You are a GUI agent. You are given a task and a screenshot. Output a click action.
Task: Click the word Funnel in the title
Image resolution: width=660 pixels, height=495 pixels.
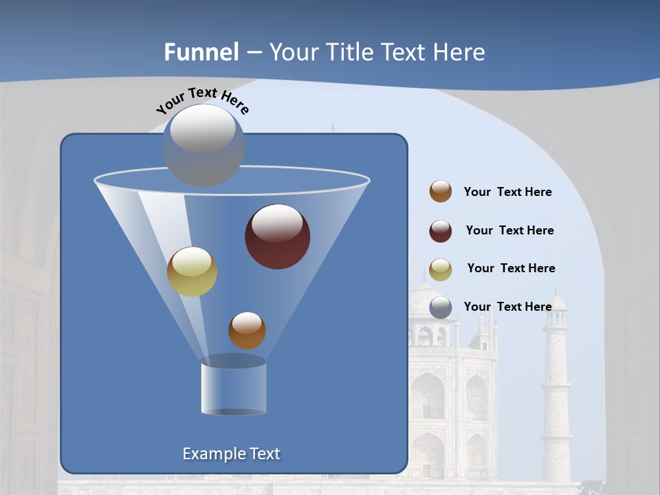201,52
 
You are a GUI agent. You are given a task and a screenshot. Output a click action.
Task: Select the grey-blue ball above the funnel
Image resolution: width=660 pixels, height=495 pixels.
203,145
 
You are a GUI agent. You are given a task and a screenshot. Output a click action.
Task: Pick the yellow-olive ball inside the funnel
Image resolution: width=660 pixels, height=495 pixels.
192,272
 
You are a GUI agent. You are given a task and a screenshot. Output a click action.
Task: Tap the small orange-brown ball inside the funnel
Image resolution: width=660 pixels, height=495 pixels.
247,331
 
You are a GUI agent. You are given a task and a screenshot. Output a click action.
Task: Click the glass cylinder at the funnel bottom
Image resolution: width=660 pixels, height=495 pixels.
233,388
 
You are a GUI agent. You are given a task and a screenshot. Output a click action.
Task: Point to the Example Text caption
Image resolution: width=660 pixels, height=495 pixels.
232,454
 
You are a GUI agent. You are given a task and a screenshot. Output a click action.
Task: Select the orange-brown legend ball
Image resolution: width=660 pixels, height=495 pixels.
441,191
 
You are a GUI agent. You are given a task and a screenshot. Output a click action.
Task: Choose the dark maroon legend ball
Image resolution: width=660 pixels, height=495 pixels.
441,231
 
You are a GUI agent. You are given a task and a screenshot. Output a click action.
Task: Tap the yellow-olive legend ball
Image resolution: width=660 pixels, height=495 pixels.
441,269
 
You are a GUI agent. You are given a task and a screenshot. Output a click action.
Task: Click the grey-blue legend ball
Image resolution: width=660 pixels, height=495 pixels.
441,307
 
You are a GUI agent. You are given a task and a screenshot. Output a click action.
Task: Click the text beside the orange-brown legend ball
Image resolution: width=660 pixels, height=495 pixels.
507,192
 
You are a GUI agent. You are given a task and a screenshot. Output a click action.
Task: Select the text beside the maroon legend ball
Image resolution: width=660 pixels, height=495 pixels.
509,230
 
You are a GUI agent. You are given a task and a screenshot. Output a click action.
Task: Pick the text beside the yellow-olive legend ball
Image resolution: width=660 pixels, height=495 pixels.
511,268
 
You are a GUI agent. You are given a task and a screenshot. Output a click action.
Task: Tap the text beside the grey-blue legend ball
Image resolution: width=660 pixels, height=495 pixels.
507,307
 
